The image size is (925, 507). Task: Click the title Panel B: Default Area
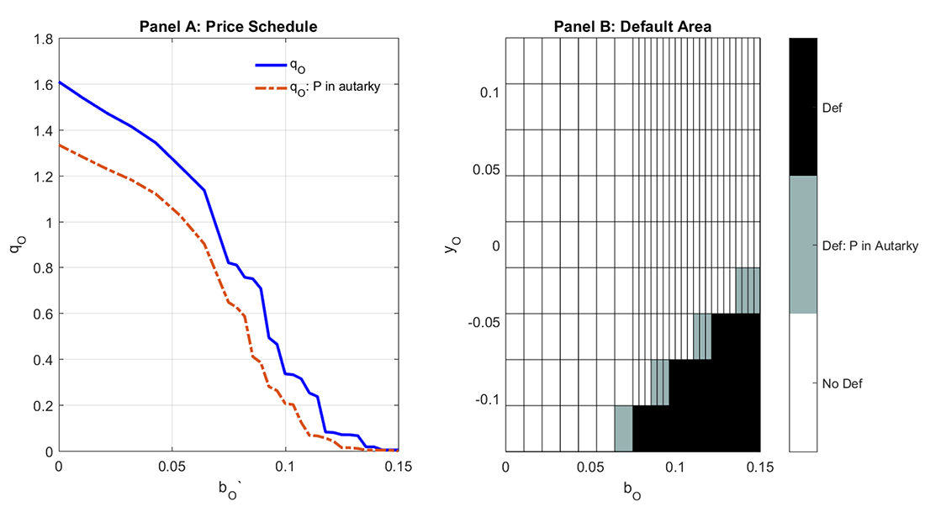pyautogui.click(x=632, y=27)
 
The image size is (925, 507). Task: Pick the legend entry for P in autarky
pyautogui.click(x=334, y=86)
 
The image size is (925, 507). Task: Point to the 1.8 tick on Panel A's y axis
pyautogui.click(x=40, y=39)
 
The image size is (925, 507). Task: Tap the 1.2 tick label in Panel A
pyautogui.click(x=40, y=177)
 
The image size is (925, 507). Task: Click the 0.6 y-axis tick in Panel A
pyautogui.click(x=40, y=314)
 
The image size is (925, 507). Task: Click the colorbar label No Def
pyautogui.click(x=842, y=383)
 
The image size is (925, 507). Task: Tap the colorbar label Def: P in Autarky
pyautogui.click(x=869, y=246)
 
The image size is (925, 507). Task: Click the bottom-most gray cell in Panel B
pyautogui.click(x=623, y=428)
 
